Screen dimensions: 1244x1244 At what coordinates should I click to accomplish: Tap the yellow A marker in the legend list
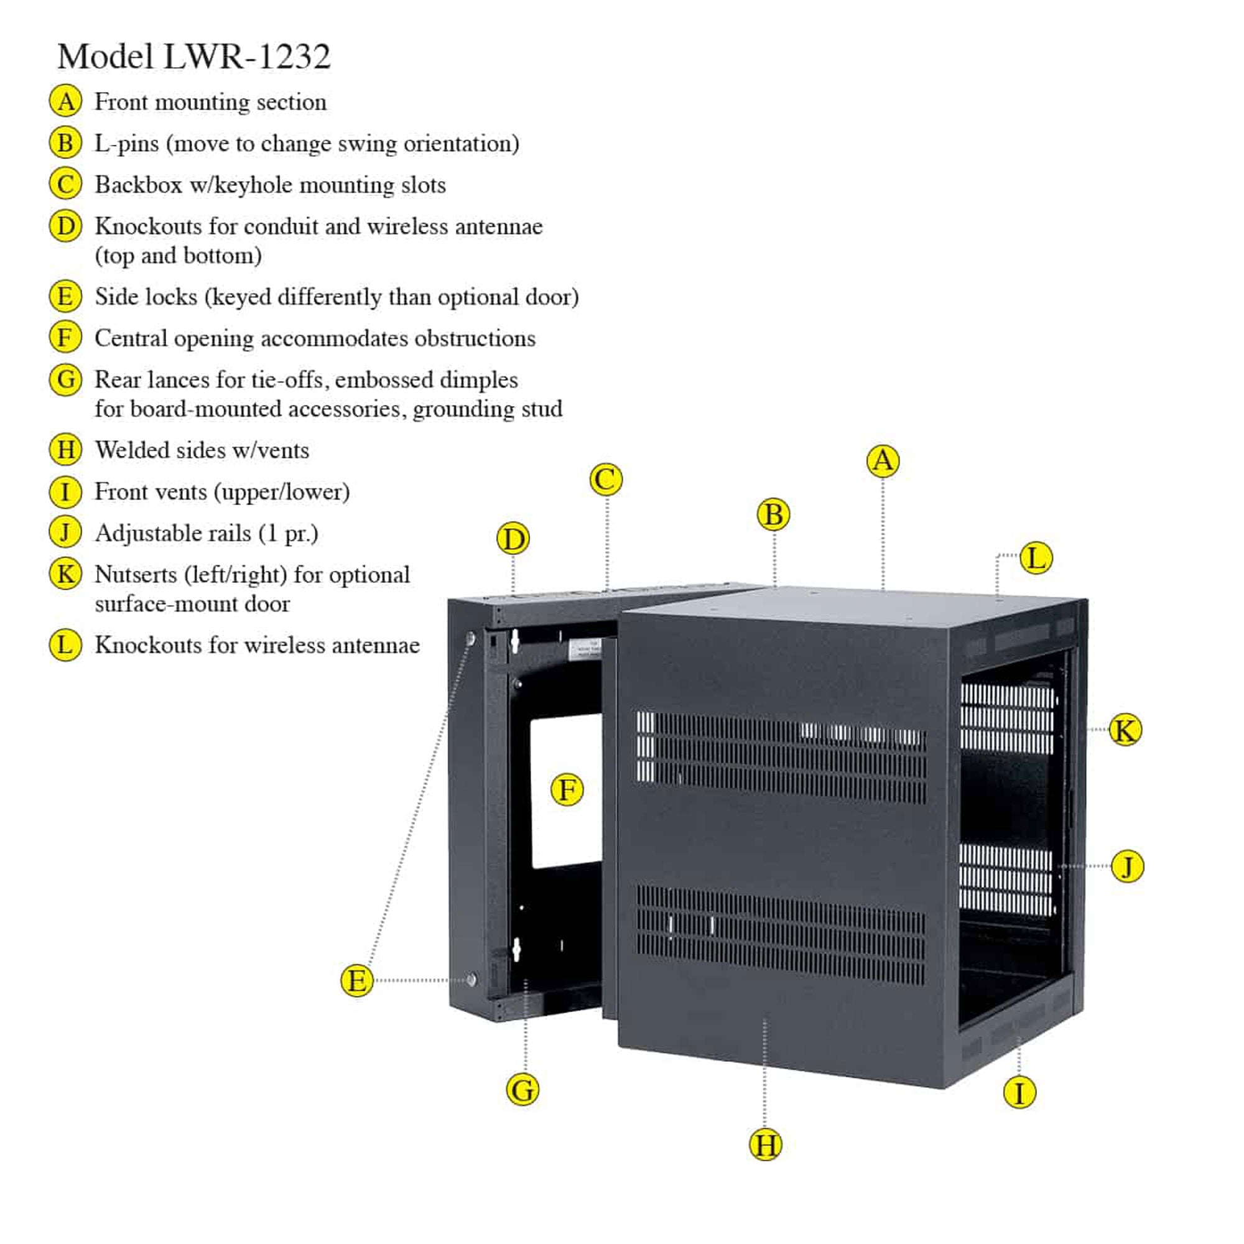pos(66,102)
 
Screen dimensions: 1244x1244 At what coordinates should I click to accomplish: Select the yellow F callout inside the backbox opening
pos(567,790)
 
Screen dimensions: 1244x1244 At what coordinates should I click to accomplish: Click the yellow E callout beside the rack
pos(356,981)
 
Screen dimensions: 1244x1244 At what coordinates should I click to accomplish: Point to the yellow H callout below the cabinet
pos(766,1146)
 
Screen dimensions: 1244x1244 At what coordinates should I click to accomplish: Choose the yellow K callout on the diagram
pos(1125,730)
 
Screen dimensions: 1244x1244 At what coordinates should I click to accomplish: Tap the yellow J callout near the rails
pos(1128,866)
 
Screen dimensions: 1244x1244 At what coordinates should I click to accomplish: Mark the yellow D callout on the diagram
pos(513,539)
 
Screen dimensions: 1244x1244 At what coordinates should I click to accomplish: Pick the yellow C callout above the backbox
pos(606,480)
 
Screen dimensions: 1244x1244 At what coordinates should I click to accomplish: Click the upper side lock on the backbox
pos(471,639)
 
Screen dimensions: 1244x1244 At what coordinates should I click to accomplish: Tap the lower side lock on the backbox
pos(471,980)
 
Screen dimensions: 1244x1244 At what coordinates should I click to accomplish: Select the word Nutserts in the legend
pos(135,574)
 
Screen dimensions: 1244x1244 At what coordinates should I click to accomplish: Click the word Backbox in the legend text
pos(139,185)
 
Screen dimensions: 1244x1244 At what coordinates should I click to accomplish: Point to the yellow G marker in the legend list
pos(66,379)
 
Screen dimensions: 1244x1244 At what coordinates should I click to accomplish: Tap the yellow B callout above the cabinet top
pos(773,515)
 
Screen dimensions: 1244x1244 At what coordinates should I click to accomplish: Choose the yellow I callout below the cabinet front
pos(1019,1093)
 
